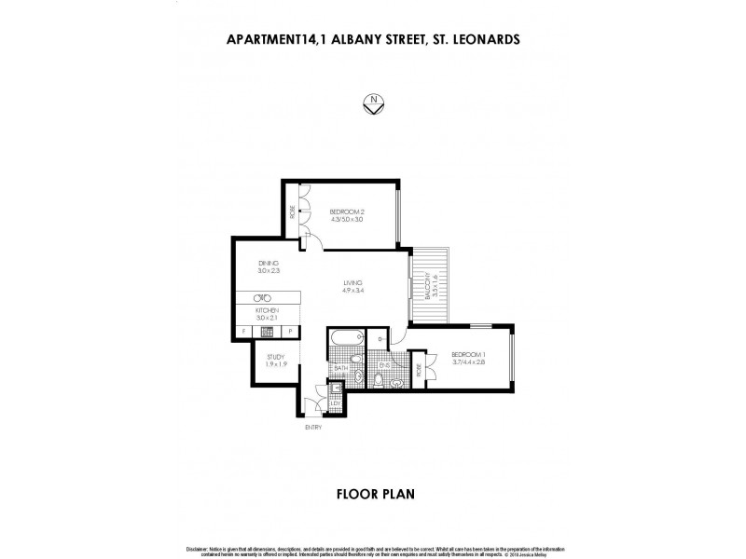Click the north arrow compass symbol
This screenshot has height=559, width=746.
(x=372, y=105)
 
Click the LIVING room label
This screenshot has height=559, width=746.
(x=352, y=283)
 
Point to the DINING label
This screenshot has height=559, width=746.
(x=269, y=264)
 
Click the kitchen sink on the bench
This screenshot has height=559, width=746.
(x=264, y=297)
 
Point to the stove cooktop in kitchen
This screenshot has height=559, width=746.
(x=266, y=331)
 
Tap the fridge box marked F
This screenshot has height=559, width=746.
(x=243, y=331)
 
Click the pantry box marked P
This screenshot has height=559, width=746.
(x=290, y=331)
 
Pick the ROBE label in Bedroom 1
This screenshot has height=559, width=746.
(x=431, y=368)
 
